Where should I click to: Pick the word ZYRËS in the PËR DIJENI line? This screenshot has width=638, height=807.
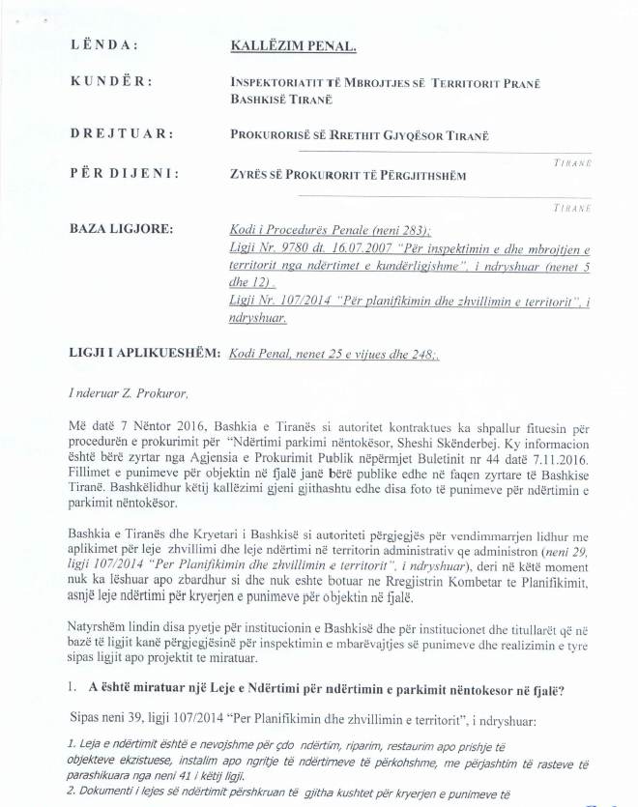pos(250,174)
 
